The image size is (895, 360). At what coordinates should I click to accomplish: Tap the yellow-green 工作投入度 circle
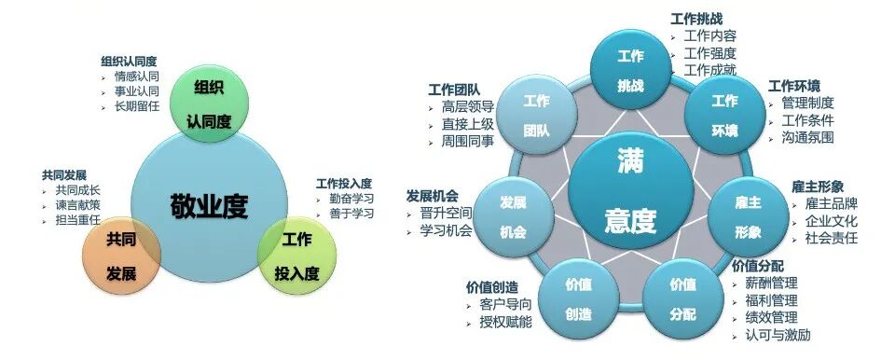296,255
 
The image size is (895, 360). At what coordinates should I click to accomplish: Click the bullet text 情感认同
136,77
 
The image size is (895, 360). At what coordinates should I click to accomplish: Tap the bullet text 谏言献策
77,205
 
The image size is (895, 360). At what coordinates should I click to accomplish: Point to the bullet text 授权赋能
507,321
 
